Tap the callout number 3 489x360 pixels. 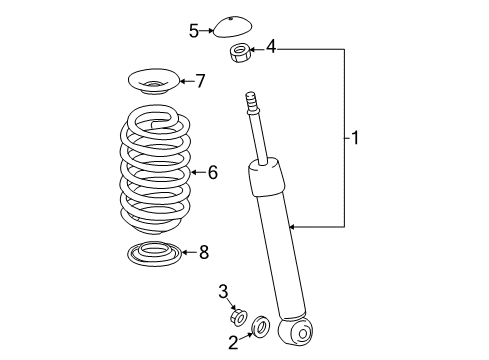[x=224, y=292]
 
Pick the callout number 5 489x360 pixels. [x=194, y=30]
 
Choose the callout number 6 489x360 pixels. [x=212, y=172]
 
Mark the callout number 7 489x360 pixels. [x=200, y=80]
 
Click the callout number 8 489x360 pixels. [x=203, y=252]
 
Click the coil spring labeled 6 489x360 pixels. [x=155, y=170]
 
